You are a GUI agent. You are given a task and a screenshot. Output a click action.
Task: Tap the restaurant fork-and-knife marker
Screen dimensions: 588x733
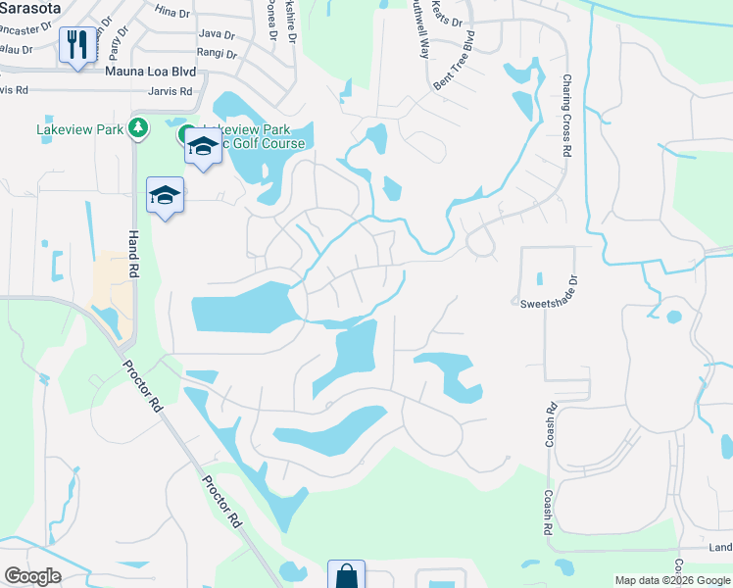pyautogui.click(x=75, y=44)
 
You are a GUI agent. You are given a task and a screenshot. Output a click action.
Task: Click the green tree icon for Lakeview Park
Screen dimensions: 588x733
pyautogui.click(x=139, y=126)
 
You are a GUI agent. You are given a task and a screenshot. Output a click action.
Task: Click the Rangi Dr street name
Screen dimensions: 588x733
pyautogui.click(x=216, y=53)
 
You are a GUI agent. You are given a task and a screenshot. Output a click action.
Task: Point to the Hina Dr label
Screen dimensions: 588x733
pyautogui.click(x=171, y=10)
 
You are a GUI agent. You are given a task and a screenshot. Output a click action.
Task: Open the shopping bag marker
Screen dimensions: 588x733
pyautogui.click(x=346, y=575)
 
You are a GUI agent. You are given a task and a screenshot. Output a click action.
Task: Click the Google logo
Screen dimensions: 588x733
pyautogui.click(x=33, y=576)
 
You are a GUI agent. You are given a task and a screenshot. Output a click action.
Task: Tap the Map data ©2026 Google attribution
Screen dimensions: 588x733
pyautogui.click(x=672, y=580)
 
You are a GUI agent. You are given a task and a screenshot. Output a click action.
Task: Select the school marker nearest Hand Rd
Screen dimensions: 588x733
pyautogui.click(x=166, y=195)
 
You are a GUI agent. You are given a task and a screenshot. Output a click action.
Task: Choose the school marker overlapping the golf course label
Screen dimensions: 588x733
pyautogui.click(x=203, y=147)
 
